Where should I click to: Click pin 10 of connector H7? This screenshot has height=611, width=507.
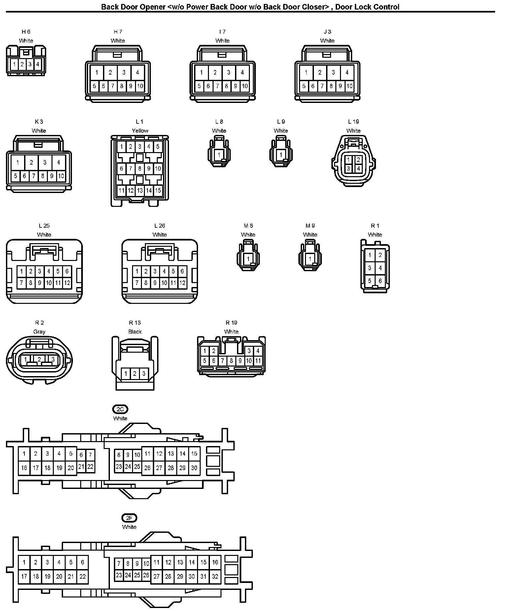point(140,86)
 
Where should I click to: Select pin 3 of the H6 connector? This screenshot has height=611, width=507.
point(30,64)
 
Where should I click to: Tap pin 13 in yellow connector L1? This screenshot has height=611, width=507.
point(140,190)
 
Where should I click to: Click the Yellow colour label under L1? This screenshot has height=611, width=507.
point(140,131)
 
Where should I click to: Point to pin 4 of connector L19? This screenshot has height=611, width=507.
point(358,168)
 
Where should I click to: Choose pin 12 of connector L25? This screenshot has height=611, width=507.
point(67,283)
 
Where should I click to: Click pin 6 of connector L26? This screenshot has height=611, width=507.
point(182,271)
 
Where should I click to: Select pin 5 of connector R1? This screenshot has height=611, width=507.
point(370,281)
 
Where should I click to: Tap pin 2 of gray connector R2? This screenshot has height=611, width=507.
point(39,359)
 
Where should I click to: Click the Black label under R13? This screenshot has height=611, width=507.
point(135,332)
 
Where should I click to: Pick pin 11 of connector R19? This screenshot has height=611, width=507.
point(258,361)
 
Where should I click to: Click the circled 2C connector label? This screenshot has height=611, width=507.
point(120,409)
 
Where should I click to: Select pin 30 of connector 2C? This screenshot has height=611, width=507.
point(194,467)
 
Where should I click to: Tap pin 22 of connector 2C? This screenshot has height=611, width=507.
point(90,466)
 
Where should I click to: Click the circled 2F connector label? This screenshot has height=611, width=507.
point(129,518)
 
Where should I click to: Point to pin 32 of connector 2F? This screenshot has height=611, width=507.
point(215,576)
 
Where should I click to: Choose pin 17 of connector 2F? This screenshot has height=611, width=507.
point(24,576)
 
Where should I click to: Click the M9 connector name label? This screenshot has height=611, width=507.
point(310,226)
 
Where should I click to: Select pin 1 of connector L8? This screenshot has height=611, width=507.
point(219,154)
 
